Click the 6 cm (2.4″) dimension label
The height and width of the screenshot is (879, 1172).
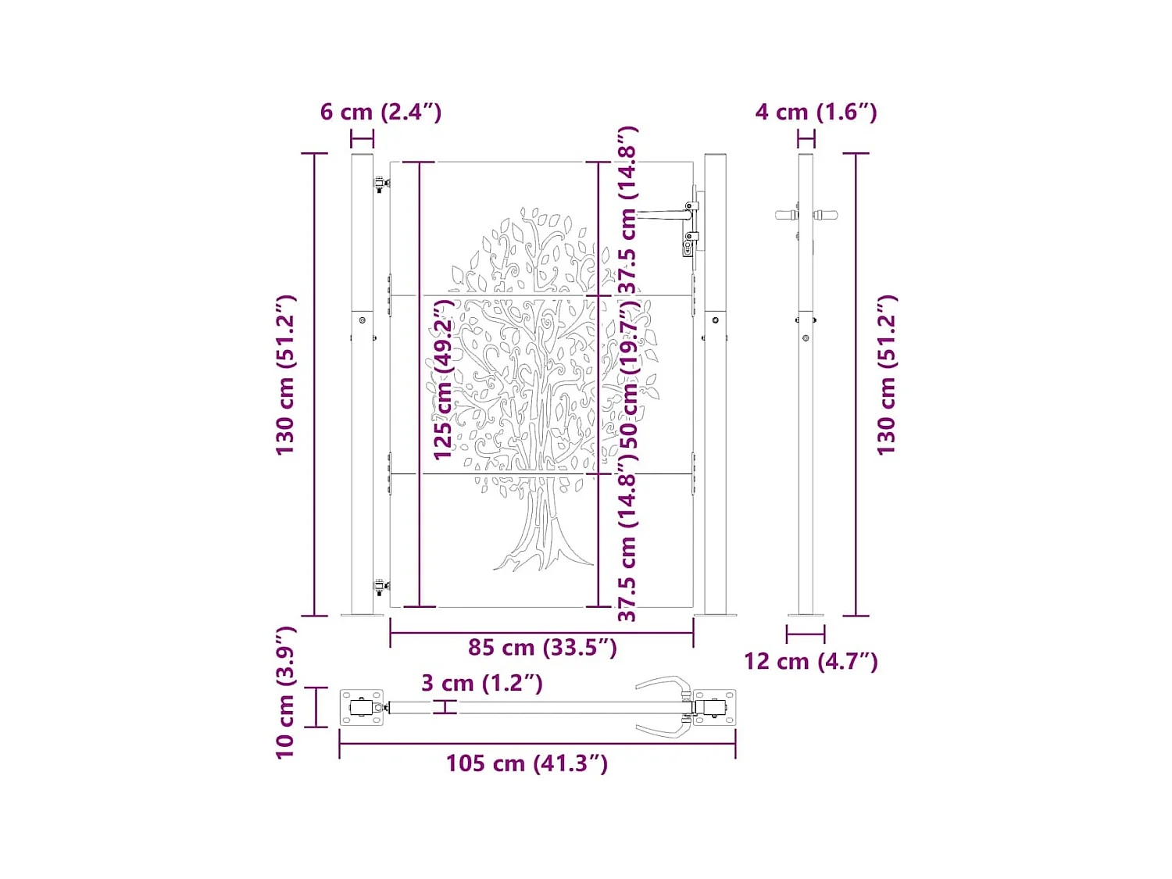[x=381, y=112]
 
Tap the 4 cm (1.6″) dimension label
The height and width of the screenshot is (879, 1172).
[x=816, y=112]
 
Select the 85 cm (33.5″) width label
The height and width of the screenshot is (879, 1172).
[x=542, y=648]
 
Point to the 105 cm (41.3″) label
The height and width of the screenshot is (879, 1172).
[x=527, y=763]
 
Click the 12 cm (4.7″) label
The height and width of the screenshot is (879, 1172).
[x=810, y=662]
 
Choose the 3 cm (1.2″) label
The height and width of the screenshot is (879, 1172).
[x=481, y=684]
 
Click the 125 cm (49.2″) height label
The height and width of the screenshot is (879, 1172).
[x=444, y=380]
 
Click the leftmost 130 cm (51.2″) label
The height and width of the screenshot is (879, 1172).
[x=286, y=375]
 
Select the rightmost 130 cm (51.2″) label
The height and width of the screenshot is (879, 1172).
[x=887, y=375]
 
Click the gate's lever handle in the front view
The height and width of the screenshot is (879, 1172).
[x=664, y=213]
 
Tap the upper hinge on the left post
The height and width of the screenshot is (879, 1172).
[x=381, y=185]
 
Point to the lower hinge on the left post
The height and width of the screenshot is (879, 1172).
[x=381, y=587]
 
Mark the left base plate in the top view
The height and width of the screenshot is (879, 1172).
[x=362, y=708]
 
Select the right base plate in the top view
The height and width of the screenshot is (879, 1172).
[x=714, y=708]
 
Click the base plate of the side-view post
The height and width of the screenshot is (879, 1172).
[x=806, y=615]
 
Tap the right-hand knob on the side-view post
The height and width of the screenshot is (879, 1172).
[x=826, y=215]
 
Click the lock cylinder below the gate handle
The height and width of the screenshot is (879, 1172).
[x=688, y=248]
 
